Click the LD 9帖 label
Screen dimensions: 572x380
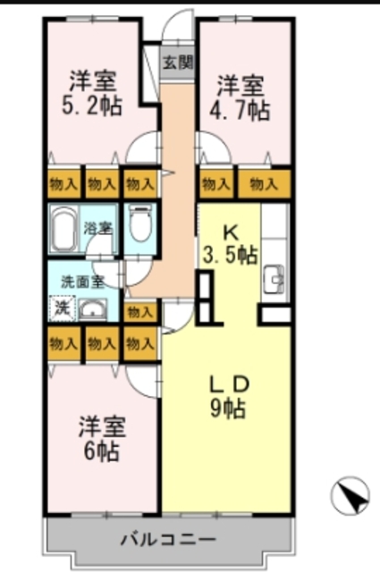click(228, 398)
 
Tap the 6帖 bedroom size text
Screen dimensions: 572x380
click(100, 450)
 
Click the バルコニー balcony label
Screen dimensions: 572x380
click(168, 541)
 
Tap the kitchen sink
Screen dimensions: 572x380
click(274, 282)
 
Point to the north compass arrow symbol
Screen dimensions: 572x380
click(350, 494)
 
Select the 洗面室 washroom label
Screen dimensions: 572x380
click(80, 282)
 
